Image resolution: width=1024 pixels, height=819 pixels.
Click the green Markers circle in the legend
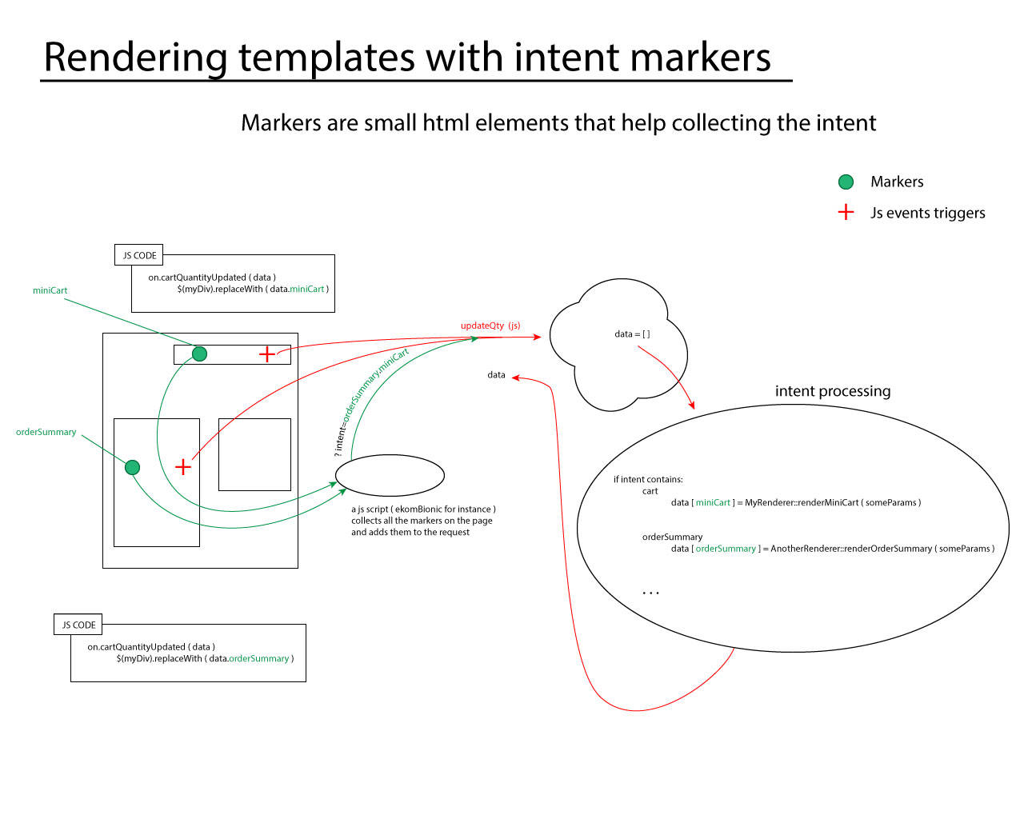tap(846, 182)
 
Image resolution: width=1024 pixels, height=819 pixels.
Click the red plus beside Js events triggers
tap(846, 212)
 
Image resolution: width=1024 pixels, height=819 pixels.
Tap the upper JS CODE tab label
tap(139, 255)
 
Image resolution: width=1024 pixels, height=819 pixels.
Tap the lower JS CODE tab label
tap(78, 625)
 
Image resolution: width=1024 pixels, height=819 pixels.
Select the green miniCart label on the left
tap(50, 290)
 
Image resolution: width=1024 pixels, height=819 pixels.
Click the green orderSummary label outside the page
tap(46, 432)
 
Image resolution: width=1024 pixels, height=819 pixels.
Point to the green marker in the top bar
tap(200, 354)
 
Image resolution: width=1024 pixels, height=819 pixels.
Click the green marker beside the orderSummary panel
tap(133, 467)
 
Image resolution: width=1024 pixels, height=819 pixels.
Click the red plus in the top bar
tap(267, 354)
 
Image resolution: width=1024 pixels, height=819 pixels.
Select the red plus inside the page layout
tap(183, 467)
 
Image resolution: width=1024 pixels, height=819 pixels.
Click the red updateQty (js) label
tap(490, 326)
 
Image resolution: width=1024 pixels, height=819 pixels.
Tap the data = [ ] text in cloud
tap(632, 334)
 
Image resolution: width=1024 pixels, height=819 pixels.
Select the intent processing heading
tap(832, 391)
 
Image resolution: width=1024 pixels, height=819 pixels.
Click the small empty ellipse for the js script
tap(390, 475)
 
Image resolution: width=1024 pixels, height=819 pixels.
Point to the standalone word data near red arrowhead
tap(496, 375)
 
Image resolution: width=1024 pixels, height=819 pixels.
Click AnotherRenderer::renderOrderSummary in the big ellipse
tap(850, 549)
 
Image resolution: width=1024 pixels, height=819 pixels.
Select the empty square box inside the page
tap(254, 454)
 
